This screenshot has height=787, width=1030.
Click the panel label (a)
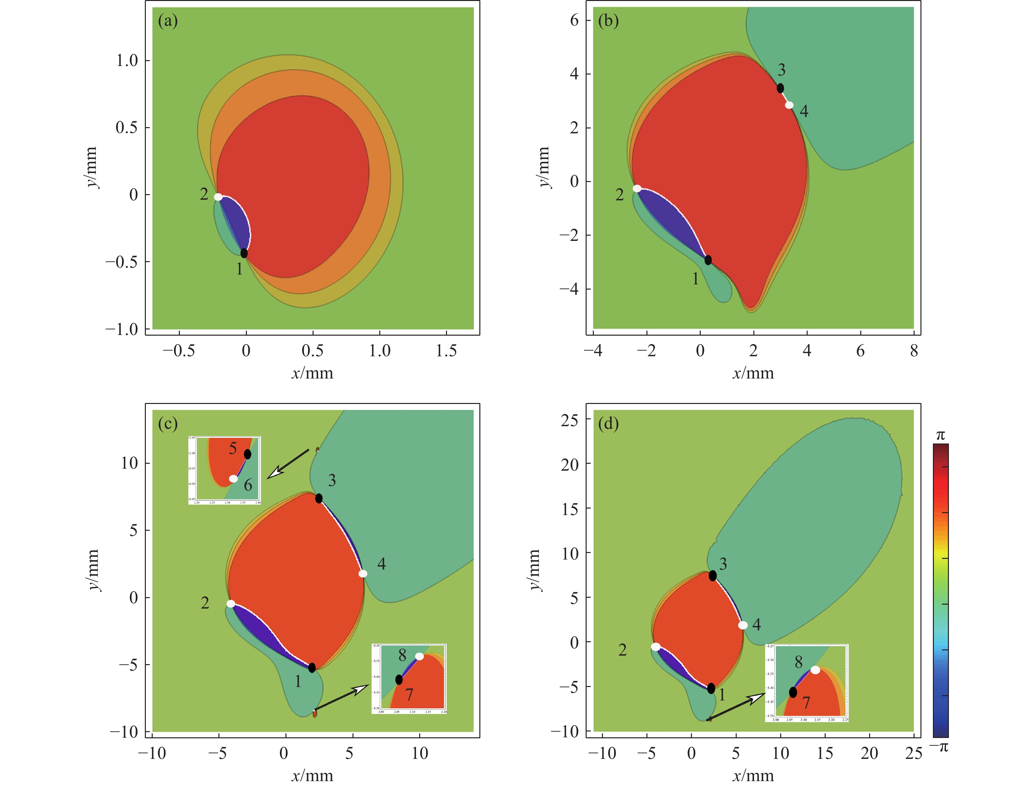(x=168, y=21)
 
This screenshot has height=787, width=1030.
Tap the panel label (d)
(x=608, y=424)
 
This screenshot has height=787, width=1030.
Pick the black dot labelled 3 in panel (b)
(x=780, y=88)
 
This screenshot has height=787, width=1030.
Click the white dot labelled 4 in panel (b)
(x=789, y=105)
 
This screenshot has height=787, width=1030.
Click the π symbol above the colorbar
(x=940, y=436)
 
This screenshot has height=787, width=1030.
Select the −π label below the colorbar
(x=939, y=747)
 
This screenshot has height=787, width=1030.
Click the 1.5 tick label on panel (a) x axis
(x=446, y=351)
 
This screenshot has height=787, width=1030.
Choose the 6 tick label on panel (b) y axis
(x=574, y=21)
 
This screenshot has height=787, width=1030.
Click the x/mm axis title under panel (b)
(x=753, y=373)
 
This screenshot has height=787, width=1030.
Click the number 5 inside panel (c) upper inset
(x=233, y=449)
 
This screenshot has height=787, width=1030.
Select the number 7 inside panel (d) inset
(x=806, y=703)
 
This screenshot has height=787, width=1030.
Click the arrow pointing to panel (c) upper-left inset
(x=288, y=464)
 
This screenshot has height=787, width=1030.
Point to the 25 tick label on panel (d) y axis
(x=569, y=421)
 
